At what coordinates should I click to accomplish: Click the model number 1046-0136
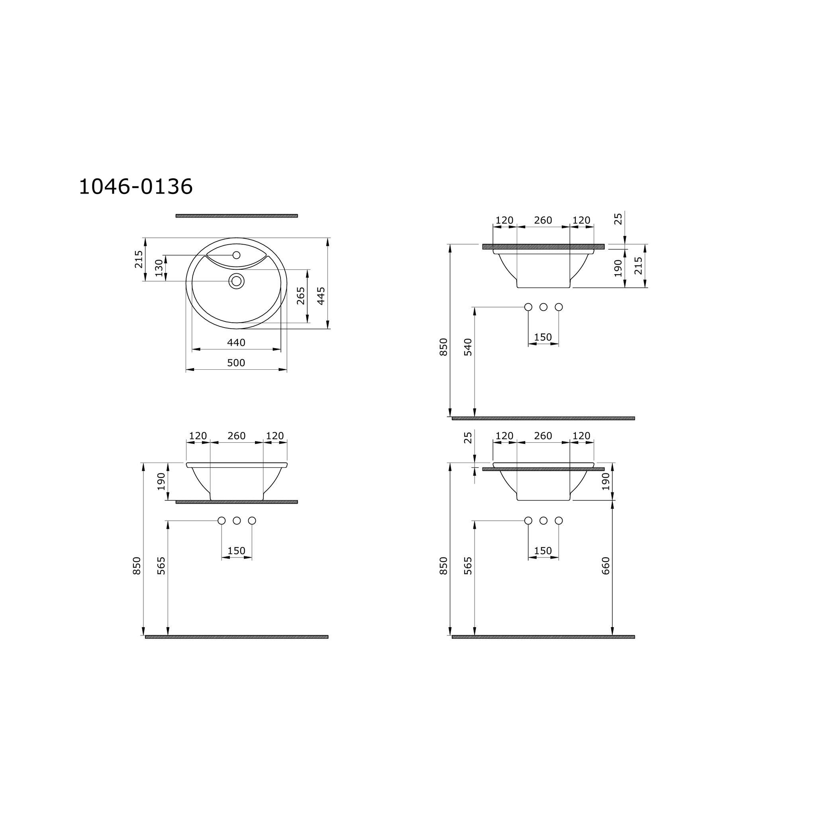coord(135,187)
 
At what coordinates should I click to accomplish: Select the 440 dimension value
coord(236,343)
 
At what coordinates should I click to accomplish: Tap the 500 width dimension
coord(236,363)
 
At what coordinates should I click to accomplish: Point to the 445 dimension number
coord(321,296)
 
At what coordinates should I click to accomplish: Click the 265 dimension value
coord(300,296)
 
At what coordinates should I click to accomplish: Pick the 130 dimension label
coord(159,268)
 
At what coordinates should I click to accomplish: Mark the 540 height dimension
coord(468,347)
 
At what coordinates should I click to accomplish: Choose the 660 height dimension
coord(606,565)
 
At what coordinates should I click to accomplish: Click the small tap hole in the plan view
coord(237,255)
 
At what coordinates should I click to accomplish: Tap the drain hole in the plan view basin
coord(237,281)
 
